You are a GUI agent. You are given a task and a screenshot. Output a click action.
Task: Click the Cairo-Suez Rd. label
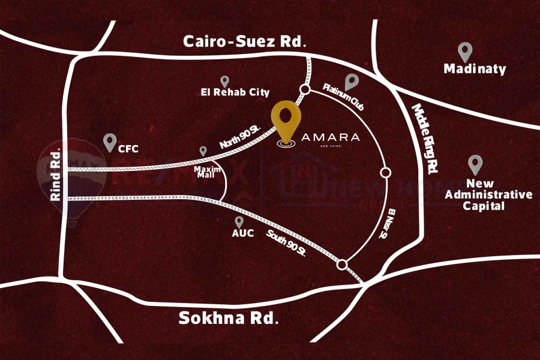coord(245,42)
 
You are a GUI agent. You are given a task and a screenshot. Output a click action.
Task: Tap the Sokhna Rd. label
coord(229,317)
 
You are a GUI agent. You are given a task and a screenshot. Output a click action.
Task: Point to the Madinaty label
coord(475,69)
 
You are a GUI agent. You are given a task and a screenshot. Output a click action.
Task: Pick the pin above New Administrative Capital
coord(475,164)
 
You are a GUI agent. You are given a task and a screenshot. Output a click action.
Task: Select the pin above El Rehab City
coord(225,80)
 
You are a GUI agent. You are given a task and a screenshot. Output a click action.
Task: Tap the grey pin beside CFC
coord(109,142)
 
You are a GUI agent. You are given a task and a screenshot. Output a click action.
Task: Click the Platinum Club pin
coord(352,82)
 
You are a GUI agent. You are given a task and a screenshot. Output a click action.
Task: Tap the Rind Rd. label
coord(57,173)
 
